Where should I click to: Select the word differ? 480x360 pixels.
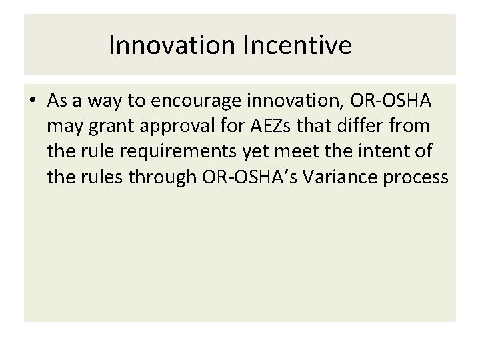pyautogui.click(x=361, y=126)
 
